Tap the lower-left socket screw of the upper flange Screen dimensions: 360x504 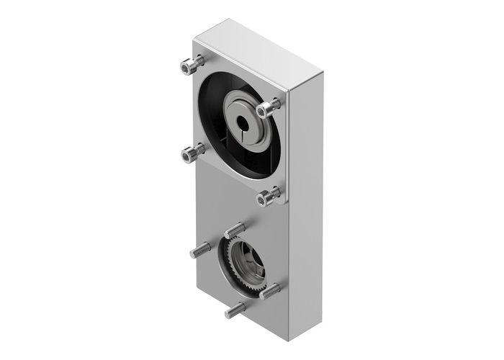192,153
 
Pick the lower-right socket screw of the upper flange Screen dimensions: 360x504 269,194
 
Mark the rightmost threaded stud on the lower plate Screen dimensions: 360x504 271,292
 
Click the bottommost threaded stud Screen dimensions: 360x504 234,310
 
